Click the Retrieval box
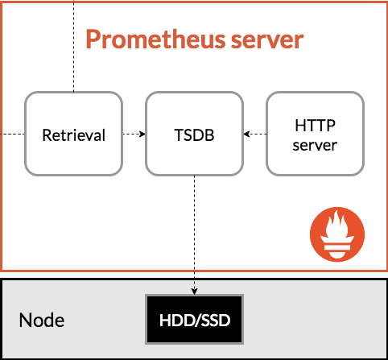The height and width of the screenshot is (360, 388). pos(73,134)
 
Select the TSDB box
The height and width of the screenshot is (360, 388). pos(195,134)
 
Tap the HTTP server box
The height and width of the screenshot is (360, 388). pos(316,134)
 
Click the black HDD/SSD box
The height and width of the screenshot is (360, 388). pos(195,320)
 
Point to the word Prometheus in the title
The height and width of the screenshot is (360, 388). pos(155,39)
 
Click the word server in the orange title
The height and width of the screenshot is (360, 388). pos(267,40)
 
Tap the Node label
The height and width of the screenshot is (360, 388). pos(42,321)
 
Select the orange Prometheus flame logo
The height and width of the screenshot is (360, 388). pos(337,234)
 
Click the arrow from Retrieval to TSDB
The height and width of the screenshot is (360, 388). pos(134,134)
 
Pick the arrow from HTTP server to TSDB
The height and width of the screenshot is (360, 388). pos(255,134)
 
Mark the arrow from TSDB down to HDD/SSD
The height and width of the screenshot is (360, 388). pos(195,235)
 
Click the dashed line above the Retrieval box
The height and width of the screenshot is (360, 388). pos(74,46)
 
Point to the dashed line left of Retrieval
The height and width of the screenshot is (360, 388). pos(12,134)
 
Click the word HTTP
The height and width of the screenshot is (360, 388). pos(316,126)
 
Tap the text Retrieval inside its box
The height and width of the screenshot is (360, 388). pos(74,135)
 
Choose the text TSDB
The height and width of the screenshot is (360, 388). pos(195,135)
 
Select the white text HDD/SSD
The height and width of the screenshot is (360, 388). pos(195,321)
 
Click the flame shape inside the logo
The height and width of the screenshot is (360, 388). pos(337,225)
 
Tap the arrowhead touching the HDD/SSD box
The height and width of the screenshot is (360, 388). pos(195,292)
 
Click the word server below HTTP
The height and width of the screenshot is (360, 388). pos(315,146)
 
